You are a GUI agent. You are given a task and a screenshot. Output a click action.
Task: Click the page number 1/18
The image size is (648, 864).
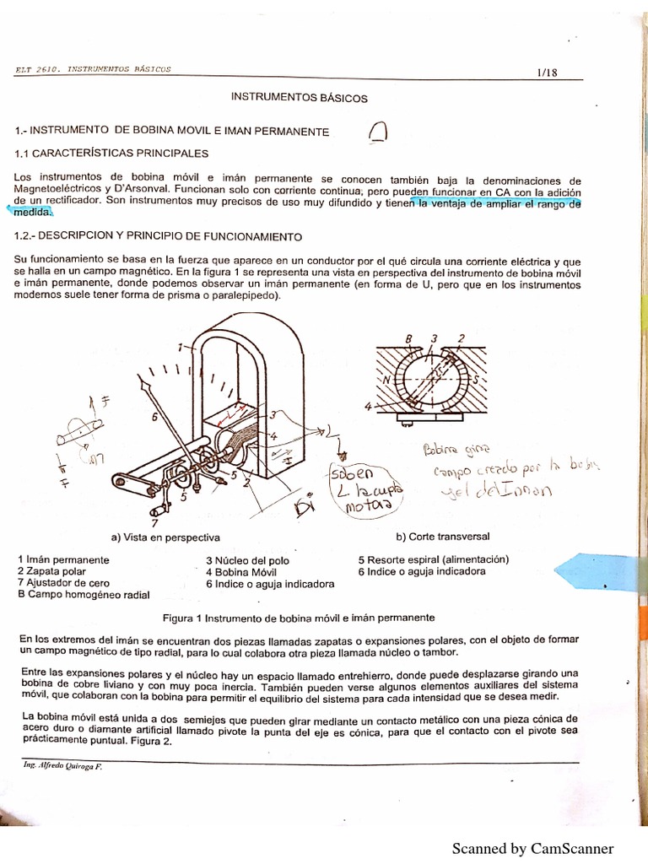pyautogui.click(x=547, y=73)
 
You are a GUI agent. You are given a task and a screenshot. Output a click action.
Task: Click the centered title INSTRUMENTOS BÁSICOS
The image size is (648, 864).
pyautogui.click(x=300, y=98)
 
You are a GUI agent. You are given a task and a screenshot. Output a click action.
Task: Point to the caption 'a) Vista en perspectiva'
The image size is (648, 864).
pyautogui.click(x=165, y=537)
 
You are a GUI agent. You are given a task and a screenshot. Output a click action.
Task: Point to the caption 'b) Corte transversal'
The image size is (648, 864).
pyautogui.click(x=443, y=537)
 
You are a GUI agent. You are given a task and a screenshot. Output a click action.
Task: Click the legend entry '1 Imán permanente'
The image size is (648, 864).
pyautogui.click(x=63, y=559)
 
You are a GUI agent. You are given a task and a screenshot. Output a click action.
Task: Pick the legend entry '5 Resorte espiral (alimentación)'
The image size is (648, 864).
pyautogui.click(x=434, y=559)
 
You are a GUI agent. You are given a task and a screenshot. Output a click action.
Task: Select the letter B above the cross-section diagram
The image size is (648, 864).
pyautogui.click(x=408, y=340)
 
